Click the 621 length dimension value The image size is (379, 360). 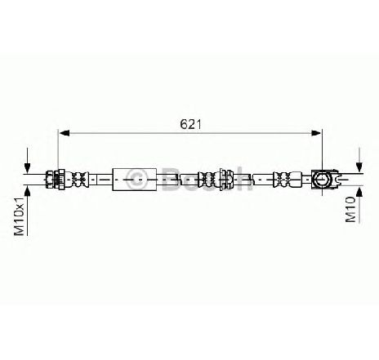[190, 124]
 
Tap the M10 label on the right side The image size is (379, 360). [350, 210]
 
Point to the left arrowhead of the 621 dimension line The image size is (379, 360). [65, 133]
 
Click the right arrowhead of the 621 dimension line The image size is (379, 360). [316, 133]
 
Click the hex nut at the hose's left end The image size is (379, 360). [50, 180]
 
